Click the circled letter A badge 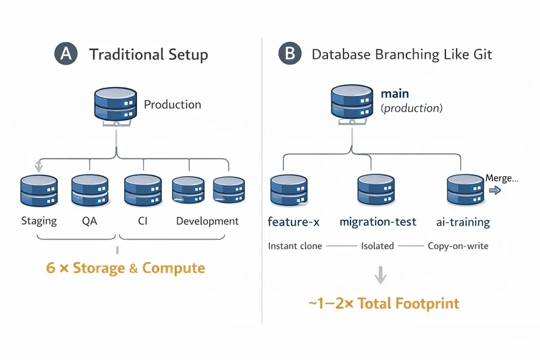(65, 55)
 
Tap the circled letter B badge (290, 55)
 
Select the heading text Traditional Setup (148, 55)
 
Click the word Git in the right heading (481, 55)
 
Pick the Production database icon (116, 105)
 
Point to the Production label (172, 105)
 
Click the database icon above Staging (38, 192)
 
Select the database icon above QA (90, 192)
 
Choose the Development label (207, 222)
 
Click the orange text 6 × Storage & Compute (126, 268)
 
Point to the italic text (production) (412, 108)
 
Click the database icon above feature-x (290, 191)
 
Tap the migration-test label (377, 222)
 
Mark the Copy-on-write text (458, 246)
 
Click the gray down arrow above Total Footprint (381, 274)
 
